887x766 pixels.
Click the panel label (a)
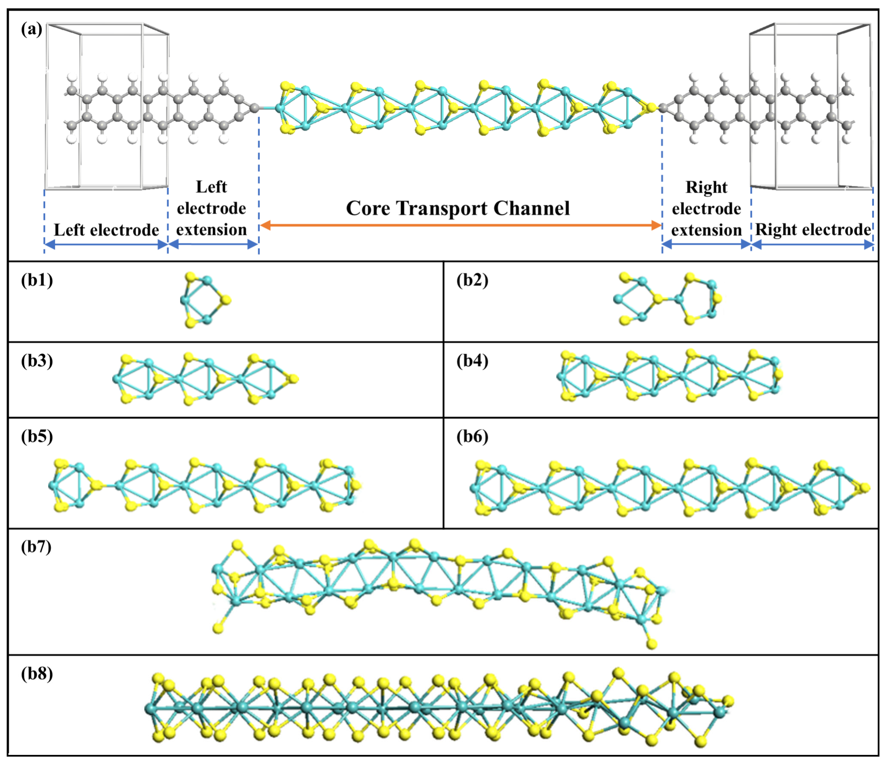coord(32,30)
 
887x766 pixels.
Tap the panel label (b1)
coord(37,280)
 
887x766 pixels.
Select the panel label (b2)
coord(472,280)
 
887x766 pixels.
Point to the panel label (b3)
coord(37,361)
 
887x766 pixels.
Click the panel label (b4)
coord(472,361)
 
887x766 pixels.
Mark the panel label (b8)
coord(37,674)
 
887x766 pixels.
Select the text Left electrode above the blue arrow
coord(106,230)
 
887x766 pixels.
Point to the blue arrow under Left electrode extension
coord(213,245)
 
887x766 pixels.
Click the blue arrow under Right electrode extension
coord(706,245)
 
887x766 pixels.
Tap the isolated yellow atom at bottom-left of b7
coord(218,628)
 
